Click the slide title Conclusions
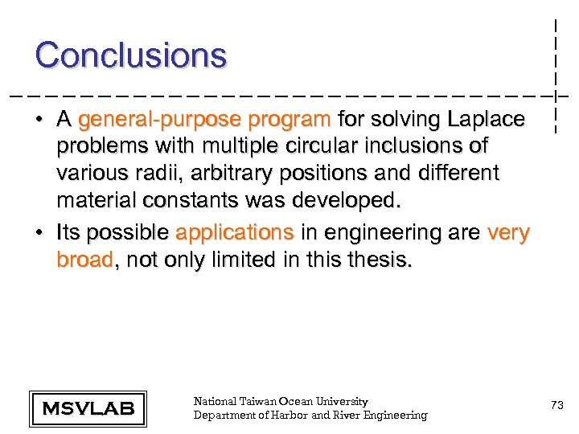point(131,55)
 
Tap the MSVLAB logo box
point(88,408)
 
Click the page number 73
point(556,407)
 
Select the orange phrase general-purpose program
point(205,121)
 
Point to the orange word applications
point(235,233)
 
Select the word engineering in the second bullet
point(383,233)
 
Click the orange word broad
point(84,260)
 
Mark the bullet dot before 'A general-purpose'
point(39,121)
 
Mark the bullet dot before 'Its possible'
point(39,234)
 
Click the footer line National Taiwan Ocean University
point(281,401)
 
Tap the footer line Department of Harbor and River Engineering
point(310,415)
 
